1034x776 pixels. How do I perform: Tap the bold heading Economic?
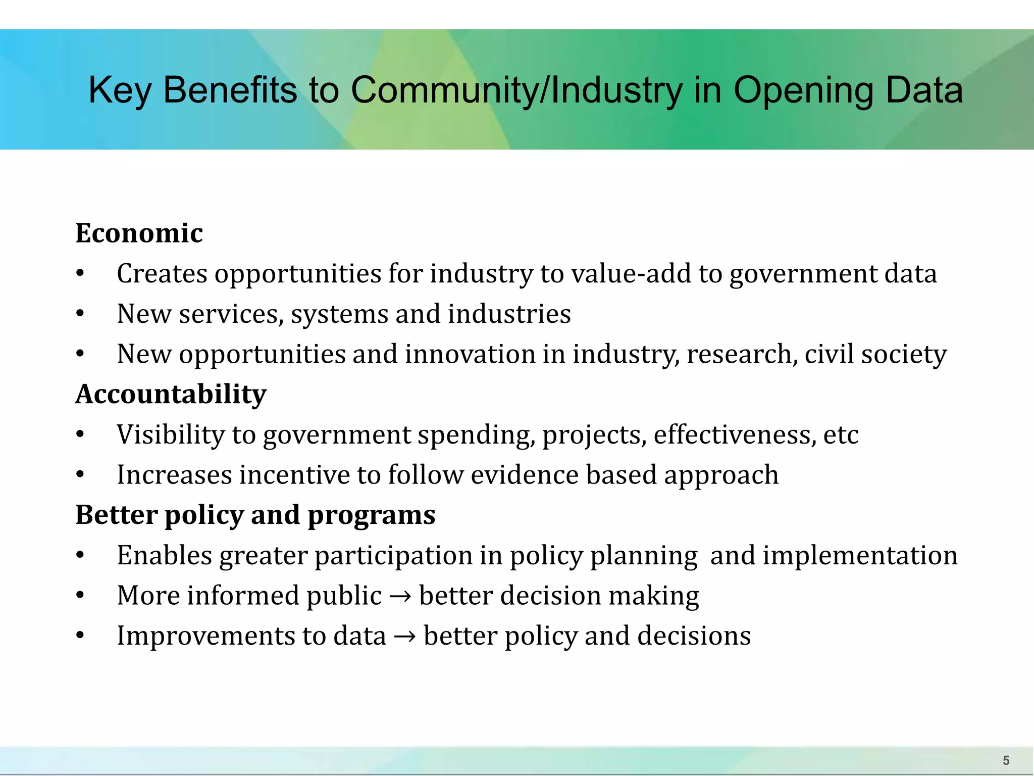pos(139,233)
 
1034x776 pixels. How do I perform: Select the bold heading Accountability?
pos(171,394)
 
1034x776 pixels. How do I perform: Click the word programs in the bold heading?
pos(371,515)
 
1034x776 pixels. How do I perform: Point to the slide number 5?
pos(1006,760)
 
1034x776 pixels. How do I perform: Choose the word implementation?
pos(860,556)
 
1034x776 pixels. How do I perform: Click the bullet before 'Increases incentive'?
pos(80,475)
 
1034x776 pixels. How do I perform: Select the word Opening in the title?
pos(803,91)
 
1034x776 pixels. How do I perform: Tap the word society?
pos(904,354)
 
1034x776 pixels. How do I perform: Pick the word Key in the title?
pos(120,91)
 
